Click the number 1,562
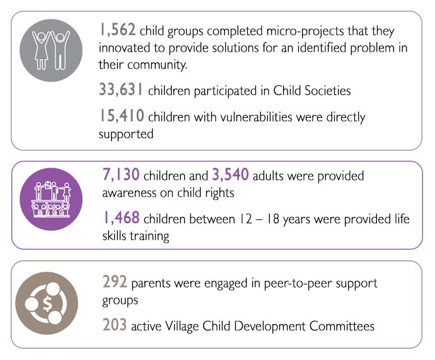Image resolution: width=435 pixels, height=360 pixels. tap(119, 30)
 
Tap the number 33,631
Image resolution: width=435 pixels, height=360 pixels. tap(122, 90)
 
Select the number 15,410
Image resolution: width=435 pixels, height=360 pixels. tap(121, 117)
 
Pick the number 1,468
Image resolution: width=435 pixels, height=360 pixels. tap(121, 219)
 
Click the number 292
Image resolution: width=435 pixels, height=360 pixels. tap(114, 282)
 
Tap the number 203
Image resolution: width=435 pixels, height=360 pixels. tap(114, 325)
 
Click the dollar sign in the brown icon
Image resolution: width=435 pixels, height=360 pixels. tap(47, 303)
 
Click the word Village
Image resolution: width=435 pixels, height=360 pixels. tap(190, 326)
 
